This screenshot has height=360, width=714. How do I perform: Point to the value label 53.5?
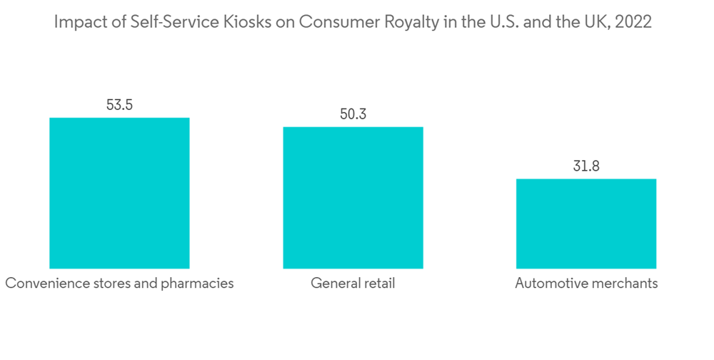pyautogui.click(x=119, y=105)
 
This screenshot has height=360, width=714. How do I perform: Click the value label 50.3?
pyautogui.click(x=353, y=114)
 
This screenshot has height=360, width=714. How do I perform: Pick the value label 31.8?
pyautogui.click(x=586, y=166)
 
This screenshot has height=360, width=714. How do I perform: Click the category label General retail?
pyautogui.click(x=353, y=284)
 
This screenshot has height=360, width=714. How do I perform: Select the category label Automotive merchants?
pyautogui.click(x=586, y=284)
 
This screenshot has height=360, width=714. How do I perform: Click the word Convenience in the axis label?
pyautogui.click(x=44, y=284)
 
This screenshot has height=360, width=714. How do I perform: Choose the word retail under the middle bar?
pyautogui.click(x=377, y=284)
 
